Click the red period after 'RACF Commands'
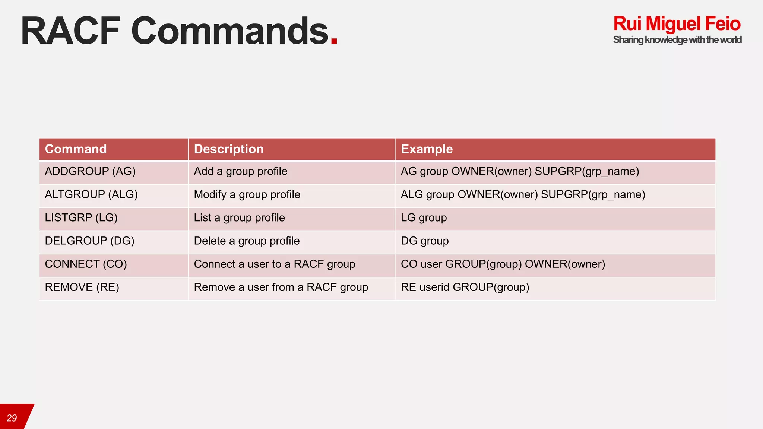tap(334, 41)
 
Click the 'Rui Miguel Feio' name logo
tap(677, 24)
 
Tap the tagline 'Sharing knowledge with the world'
tap(677, 40)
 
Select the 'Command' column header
tap(76, 149)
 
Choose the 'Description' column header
tap(228, 149)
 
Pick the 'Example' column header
tap(427, 149)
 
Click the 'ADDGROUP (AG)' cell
tap(90, 171)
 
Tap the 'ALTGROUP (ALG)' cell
tap(91, 194)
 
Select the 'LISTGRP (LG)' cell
tap(81, 217)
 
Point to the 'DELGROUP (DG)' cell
tap(89, 241)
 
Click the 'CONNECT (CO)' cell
tap(86, 264)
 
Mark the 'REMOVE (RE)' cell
tap(82, 287)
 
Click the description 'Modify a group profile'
tap(247, 194)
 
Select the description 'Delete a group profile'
tap(247, 241)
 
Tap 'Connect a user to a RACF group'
tap(275, 264)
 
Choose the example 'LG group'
tap(424, 217)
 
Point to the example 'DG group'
tap(425, 241)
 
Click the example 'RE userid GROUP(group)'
tap(465, 287)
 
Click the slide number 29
tap(12, 418)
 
